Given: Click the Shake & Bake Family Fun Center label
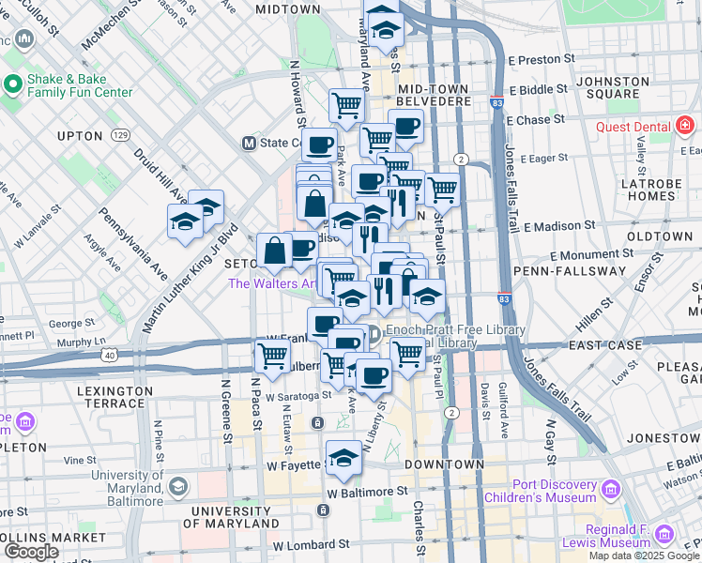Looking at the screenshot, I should click(x=80, y=85).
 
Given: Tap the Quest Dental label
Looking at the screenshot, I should click(x=636, y=127).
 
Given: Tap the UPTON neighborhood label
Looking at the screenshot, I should click(x=79, y=136).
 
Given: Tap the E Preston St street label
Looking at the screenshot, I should click(x=540, y=60).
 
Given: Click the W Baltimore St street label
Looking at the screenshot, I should click(x=367, y=491).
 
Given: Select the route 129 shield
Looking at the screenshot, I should click(x=120, y=136).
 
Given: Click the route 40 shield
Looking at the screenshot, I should click(x=111, y=355).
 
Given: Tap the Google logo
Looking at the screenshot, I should click(x=31, y=552).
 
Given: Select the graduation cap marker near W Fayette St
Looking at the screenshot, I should click(x=344, y=457).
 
